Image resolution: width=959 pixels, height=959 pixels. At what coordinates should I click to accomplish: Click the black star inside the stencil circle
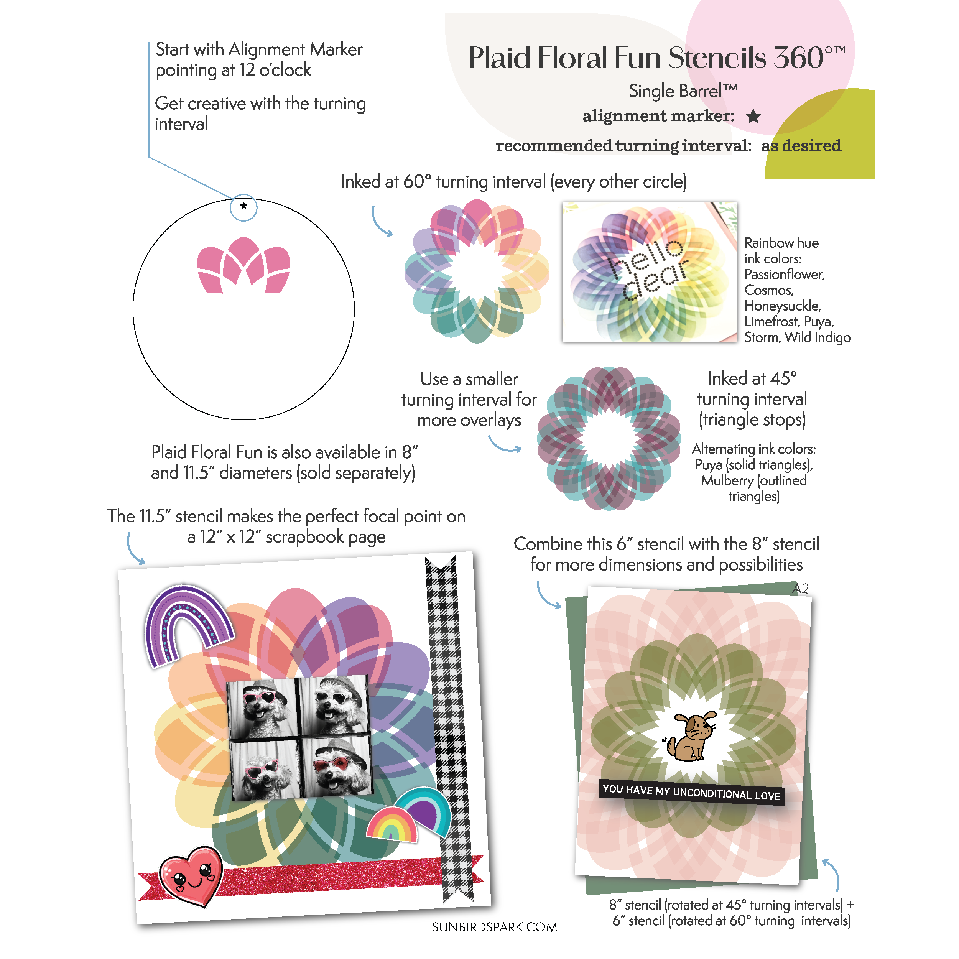243,206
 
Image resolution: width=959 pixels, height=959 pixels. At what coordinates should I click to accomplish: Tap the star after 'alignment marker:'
753,116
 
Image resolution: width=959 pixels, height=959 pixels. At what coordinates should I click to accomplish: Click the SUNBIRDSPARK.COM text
494,927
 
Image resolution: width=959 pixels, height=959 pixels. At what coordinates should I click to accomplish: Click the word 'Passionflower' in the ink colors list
784,275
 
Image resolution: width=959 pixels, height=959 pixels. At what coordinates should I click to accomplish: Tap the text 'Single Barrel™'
683,91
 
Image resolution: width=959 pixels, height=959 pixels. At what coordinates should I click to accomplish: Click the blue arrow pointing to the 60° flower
381,222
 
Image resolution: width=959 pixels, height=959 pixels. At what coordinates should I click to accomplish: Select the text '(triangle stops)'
752,420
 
